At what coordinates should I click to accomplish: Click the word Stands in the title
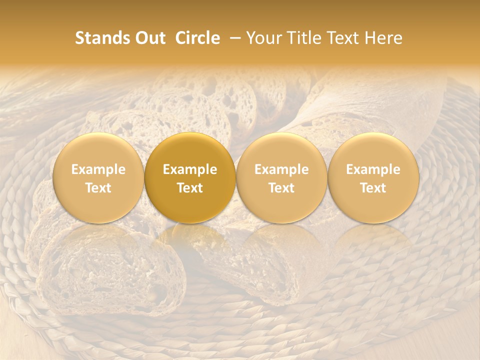(101, 38)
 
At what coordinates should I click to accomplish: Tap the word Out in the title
(148, 38)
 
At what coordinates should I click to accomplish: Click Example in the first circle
(98, 169)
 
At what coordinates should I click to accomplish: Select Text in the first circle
(98, 188)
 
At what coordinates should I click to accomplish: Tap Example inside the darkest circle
(190, 169)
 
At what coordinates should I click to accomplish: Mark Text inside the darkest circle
(190, 188)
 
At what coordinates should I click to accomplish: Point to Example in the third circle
(281, 169)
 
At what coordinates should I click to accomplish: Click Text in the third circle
(281, 188)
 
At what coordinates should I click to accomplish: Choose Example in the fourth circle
(373, 169)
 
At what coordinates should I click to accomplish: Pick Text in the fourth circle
(373, 188)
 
